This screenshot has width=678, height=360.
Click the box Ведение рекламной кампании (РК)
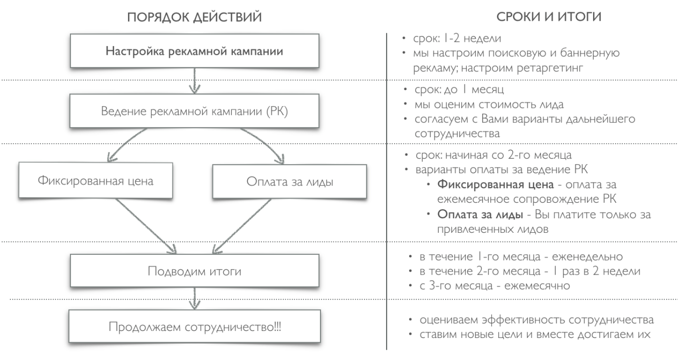coord(194,112)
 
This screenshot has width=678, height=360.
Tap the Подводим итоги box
coord(194,272)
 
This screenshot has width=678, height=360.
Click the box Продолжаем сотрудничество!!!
coord(194,326)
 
